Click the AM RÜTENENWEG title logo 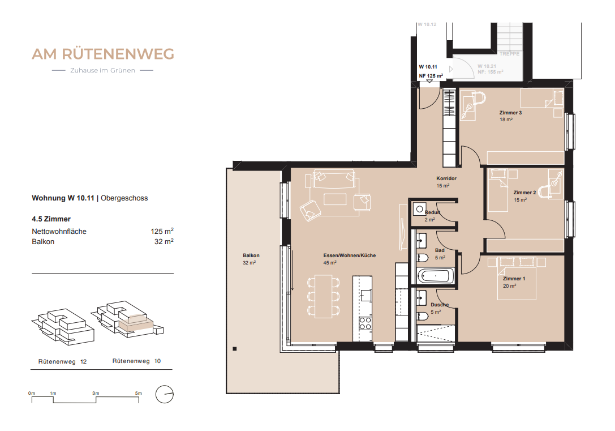point(102,54)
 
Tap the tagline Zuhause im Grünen point(102,71)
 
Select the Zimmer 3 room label point(510,113)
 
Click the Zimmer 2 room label point(524,193)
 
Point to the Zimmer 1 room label point(514,279)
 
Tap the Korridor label point(446,178)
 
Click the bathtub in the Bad point(434,277)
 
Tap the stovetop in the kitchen point(365,323)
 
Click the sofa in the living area point(334,179)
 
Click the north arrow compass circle point(165,394)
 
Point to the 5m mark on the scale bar point(138,393)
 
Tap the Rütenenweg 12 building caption point(62,361)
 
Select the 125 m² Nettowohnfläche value point(161,232)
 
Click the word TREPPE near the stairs point(510,54)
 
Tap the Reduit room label point(432,212)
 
